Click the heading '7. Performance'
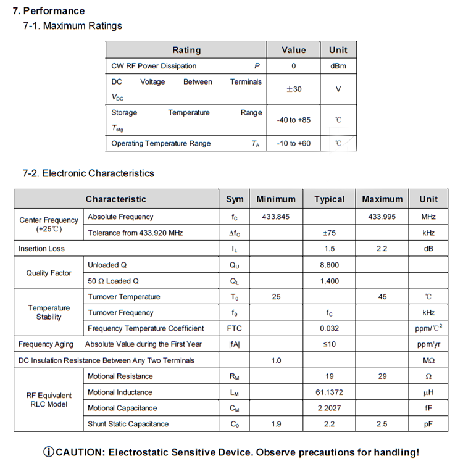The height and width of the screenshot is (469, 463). click(49, 10)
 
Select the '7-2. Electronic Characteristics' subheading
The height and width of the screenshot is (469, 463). click(88, 173)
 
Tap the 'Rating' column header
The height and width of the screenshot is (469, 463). click(186, 50)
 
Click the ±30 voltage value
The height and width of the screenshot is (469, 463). click(294, 89)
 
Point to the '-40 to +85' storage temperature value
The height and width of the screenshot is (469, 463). click(294, 120)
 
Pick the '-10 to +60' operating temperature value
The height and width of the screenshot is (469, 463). click(294, 144)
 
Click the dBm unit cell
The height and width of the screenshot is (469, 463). click(338, 66)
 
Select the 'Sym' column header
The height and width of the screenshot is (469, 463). click(235, 199)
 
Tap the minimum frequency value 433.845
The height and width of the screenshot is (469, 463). click(275, 217)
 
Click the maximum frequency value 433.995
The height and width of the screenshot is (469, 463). click(382, 217)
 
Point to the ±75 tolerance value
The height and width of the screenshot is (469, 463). click(329, 233)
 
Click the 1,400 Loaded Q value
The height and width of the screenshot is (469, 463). click(329, 281)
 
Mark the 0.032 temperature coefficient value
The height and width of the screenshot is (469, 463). click(329, 329)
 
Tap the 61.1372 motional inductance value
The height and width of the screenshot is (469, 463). click(329, 392)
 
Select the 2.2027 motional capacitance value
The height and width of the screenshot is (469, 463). click(329, 409)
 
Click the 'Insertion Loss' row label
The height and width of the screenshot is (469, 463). click(41, 249)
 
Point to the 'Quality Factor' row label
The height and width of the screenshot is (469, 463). click(49, 273)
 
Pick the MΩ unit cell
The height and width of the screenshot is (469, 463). click(428, 360)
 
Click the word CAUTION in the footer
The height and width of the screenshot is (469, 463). click(79, 452)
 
